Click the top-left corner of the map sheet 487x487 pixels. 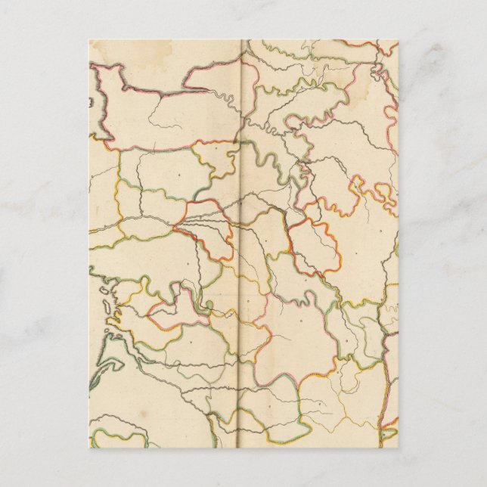(89, 40)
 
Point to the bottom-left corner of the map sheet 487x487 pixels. (89, 448)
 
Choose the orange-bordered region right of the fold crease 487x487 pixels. (315, 247)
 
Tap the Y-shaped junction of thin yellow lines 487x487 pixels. (333, 393)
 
